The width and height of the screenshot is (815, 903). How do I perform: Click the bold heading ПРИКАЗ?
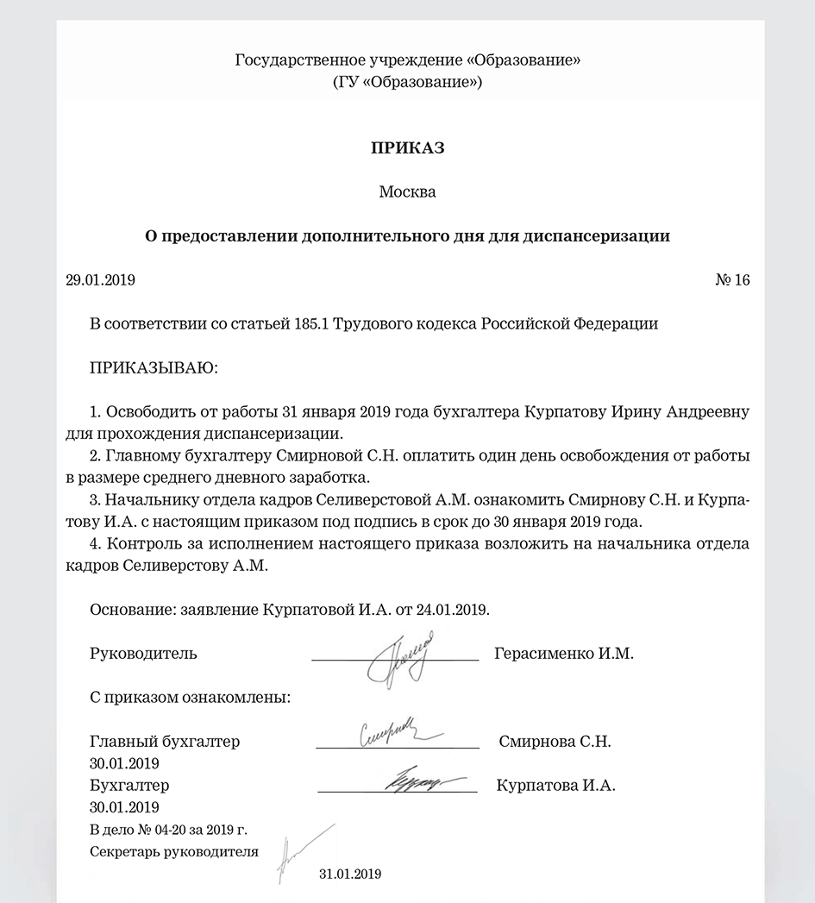tap(407, 148)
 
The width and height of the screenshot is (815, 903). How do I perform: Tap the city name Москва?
tap(407, 191)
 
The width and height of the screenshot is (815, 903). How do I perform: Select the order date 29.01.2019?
tap(101, 280)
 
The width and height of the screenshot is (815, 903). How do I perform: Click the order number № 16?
tap(733, 280)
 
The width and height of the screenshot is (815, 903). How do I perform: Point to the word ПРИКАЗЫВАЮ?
tap(154, 368)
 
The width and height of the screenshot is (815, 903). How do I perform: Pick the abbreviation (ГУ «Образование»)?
tap(407, 83)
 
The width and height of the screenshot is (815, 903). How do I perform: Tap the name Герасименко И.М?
tap(564, 654)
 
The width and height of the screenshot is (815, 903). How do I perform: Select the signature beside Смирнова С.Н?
tap(397, 735)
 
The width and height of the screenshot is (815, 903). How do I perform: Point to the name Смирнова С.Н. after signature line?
tap(555, 742)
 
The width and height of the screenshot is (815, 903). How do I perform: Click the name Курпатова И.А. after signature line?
tap(556, 786)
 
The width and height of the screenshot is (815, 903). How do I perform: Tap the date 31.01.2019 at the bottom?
tap(349, 873)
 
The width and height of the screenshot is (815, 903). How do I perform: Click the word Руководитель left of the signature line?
tap(143, 654)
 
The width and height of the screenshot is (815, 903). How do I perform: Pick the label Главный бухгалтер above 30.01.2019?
tap(165, 742)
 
